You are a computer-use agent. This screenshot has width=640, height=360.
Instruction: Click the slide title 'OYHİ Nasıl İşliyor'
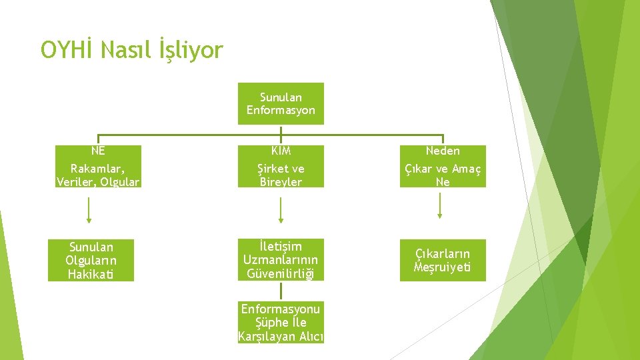pos(132,50)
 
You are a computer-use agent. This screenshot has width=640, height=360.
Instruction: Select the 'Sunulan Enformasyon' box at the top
pos(281,103)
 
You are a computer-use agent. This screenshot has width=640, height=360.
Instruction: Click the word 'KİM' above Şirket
pos(281,151)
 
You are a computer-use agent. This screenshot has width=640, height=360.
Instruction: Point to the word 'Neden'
pos(443,151)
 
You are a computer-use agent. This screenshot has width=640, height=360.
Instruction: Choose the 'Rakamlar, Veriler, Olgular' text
pos(99,175)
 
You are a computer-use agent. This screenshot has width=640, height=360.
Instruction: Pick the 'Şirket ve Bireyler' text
pos(281,175)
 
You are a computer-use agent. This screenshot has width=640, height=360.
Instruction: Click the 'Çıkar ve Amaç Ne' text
pos(443,175)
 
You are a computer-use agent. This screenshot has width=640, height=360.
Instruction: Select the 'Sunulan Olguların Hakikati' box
pos(91,260)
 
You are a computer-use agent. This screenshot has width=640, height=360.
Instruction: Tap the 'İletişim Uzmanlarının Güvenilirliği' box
pos(281,260)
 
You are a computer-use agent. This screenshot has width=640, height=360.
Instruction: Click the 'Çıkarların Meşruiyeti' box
pos(443,260)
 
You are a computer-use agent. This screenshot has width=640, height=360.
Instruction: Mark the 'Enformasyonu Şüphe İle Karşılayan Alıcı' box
pos(281,323)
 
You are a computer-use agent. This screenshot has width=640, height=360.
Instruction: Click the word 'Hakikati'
pos(91,273)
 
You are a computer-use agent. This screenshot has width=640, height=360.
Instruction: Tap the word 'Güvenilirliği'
pos(281,273)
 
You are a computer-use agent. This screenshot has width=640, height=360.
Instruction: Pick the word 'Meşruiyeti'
pos(443,267)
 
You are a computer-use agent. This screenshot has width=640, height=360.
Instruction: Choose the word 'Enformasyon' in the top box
pos(281,110)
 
